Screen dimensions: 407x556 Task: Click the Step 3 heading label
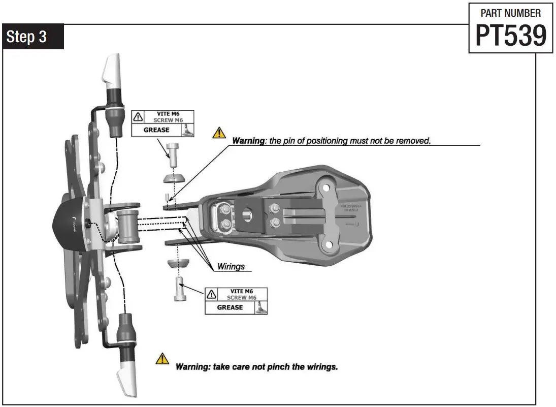(x=34, y=37)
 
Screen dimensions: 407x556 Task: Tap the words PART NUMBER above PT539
(x=510, y=13)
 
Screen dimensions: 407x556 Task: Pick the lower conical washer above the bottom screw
(x=178, y=265)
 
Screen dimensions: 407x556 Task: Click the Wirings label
(x=231, y=266)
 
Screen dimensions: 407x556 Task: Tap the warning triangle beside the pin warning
(x=219, y=133)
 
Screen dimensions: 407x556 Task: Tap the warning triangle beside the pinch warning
(x=162, y=358)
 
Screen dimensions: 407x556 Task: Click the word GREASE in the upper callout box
(x=156, y=130)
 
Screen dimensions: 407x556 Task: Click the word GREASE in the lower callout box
(x=230, y=307)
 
